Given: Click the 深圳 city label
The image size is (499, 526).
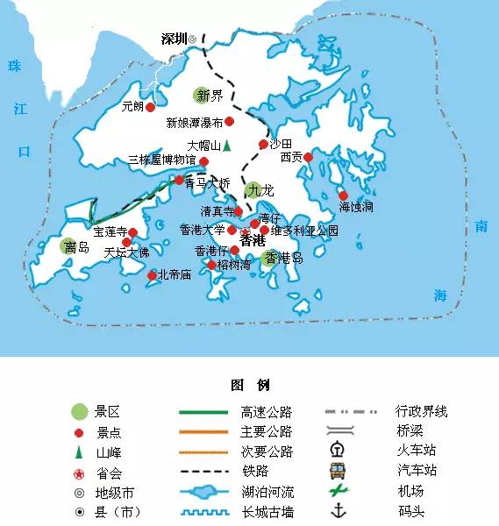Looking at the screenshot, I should pos(175,39).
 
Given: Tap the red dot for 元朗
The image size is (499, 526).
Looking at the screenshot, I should pos(150,107).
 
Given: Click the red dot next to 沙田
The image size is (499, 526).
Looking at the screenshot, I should pos(263,144).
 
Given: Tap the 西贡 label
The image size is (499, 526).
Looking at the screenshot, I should pos(291,158).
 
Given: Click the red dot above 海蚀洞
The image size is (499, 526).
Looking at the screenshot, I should pos(343,195).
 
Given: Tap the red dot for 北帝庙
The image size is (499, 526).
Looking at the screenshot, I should pos(152,275).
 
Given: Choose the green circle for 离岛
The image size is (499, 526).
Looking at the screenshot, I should pos(69,247).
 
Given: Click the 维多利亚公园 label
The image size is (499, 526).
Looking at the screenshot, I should pos(304,231).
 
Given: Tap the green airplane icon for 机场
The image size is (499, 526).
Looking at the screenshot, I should pos(338,491).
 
